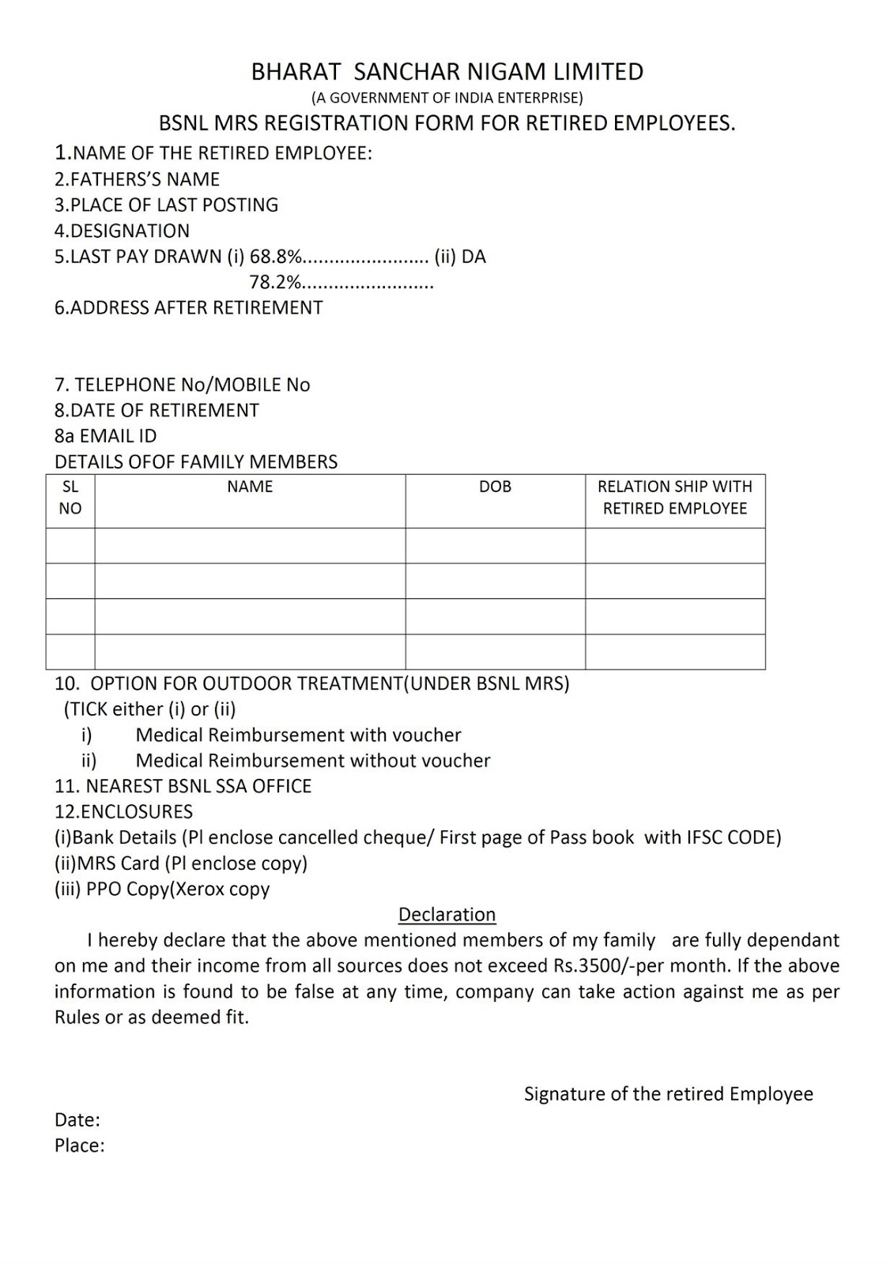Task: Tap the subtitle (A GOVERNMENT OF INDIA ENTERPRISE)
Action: click(447, 98)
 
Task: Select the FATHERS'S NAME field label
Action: click(137, 179)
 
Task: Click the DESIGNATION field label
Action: click(122, 231)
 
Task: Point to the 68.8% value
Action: click(276, 257)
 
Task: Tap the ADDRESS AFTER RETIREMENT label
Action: click(188, 307)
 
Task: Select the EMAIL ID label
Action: click(106, 436)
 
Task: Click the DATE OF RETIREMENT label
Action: click(157, 410)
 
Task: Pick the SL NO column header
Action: click(70, 498)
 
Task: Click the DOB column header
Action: click(495, 487)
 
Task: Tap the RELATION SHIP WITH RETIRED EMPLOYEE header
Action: click(675, 498)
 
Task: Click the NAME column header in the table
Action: click(250, 487)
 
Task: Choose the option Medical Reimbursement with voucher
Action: click(298, 735)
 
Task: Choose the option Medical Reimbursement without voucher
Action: click(313, 761)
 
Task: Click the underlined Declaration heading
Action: click(447, 915)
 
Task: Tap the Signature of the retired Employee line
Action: click(668, 1094)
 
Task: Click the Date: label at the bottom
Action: click(77, 1119)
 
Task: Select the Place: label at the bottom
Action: click(80, 1145)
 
